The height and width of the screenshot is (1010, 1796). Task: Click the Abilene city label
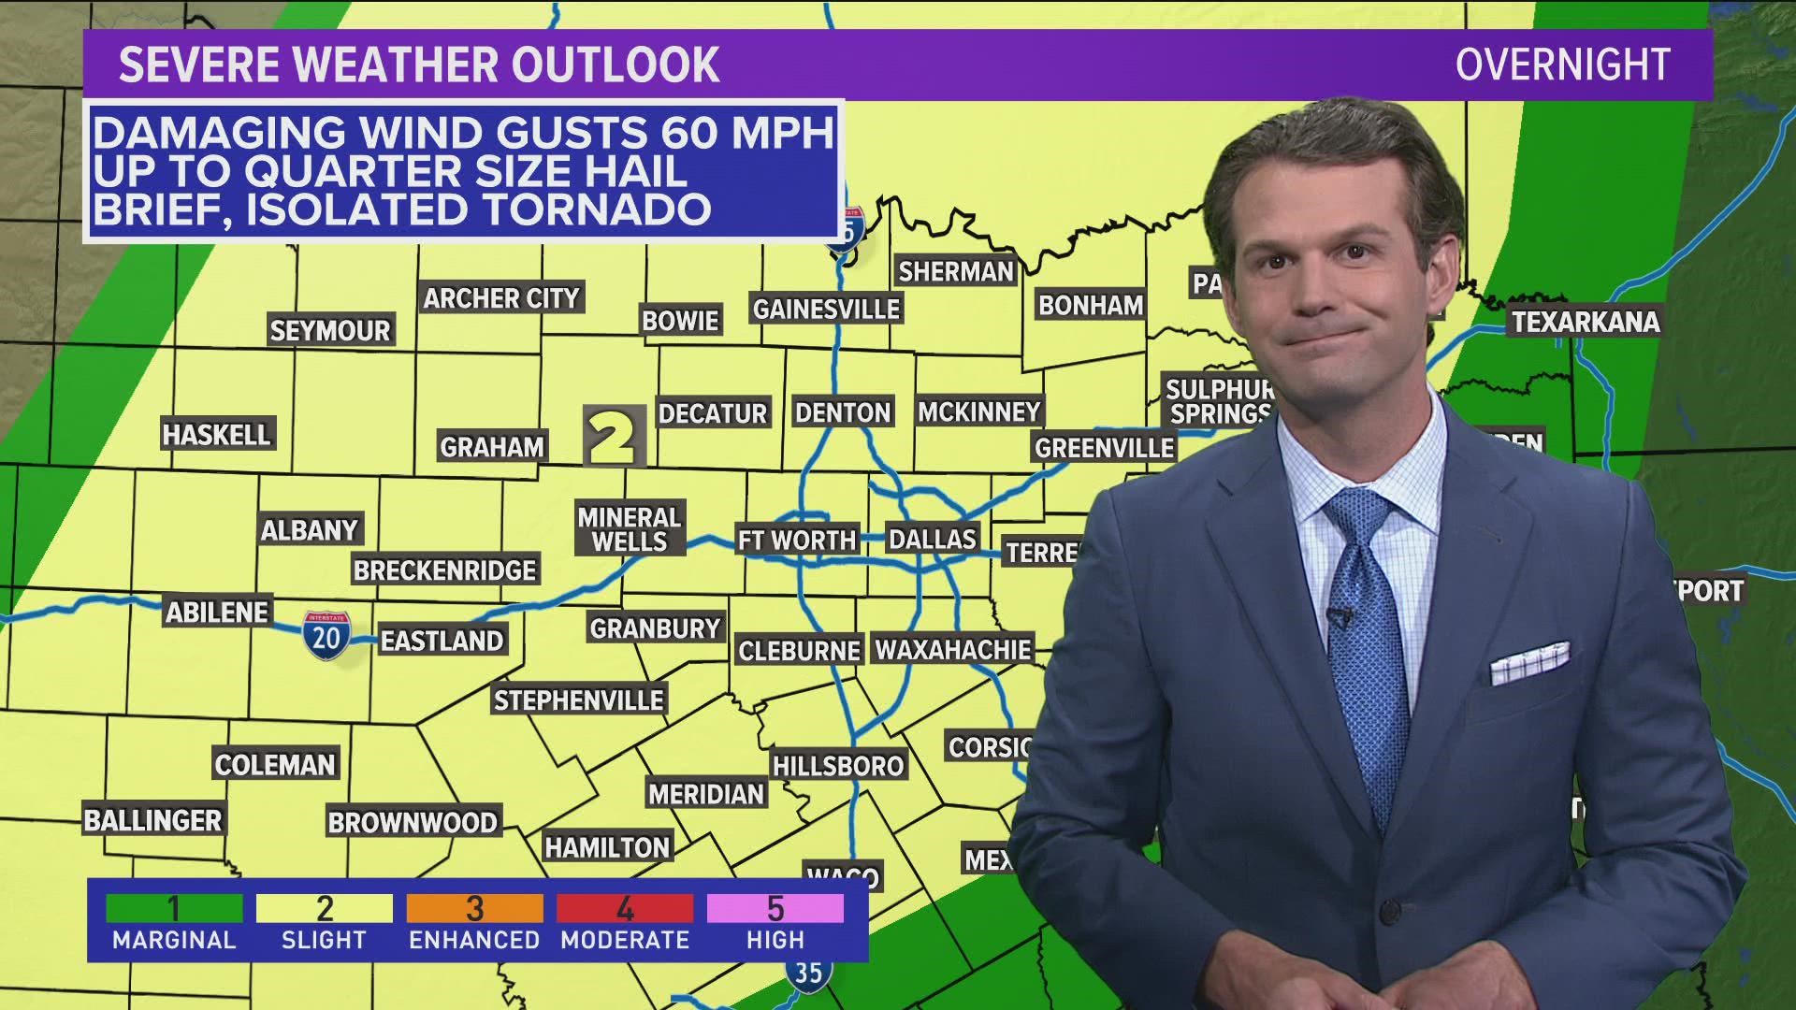click(217, 613)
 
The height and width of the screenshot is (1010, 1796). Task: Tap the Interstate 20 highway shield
click(326, 636)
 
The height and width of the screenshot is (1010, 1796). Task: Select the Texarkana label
click(1586, 322)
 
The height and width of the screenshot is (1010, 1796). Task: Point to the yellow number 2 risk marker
click(615, 437)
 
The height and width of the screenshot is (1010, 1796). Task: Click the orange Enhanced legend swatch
click(474, 908)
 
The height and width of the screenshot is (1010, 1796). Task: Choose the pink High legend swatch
click(775, 908)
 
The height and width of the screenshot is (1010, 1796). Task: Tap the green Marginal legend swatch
click(174, 908)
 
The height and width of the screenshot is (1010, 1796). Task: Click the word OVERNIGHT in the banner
click(1562, 65)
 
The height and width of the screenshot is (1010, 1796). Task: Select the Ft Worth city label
click(796, 540)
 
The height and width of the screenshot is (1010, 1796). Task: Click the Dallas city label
click(932, 539)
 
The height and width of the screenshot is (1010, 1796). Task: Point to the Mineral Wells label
click(630, 529)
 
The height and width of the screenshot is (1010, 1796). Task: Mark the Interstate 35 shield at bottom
click(807, 973)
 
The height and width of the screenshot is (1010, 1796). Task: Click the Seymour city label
click(329, 330)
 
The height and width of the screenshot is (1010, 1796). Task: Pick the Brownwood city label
click(412, 822)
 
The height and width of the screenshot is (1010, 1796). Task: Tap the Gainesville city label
click(826, 309)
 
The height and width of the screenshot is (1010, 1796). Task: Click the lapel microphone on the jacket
click(1339, 617)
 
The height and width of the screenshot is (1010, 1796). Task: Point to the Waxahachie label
click(952, 649)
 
